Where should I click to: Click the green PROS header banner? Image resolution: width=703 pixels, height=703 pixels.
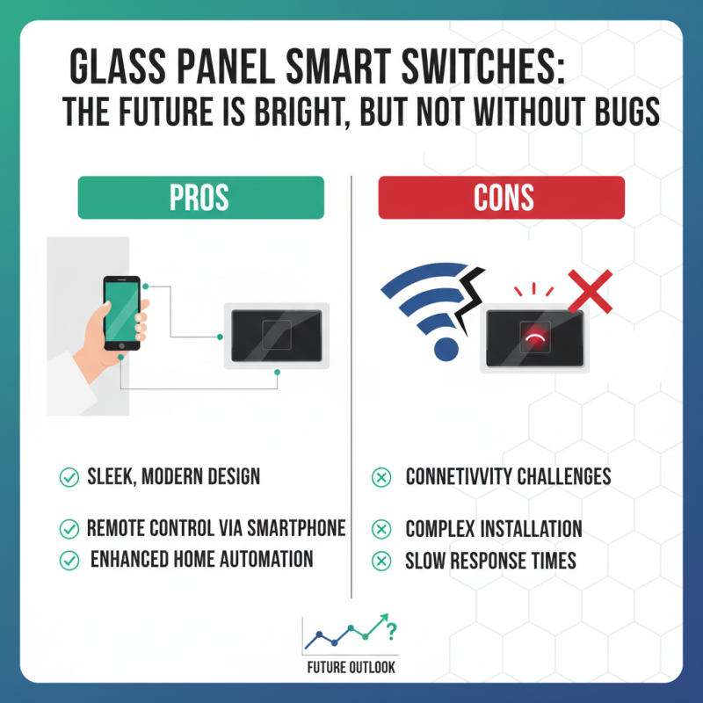tap(200, 198)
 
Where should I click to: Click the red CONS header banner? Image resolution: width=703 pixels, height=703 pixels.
tap(501, 198)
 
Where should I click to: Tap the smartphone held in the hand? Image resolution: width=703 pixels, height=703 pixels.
tap(121, 313)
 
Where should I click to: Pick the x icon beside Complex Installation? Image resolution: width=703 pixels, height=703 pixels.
tap(381, 529)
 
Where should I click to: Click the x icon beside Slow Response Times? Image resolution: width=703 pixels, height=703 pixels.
tap(381, 560)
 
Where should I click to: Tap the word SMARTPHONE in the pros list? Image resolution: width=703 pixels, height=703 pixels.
tap(296, 529)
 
